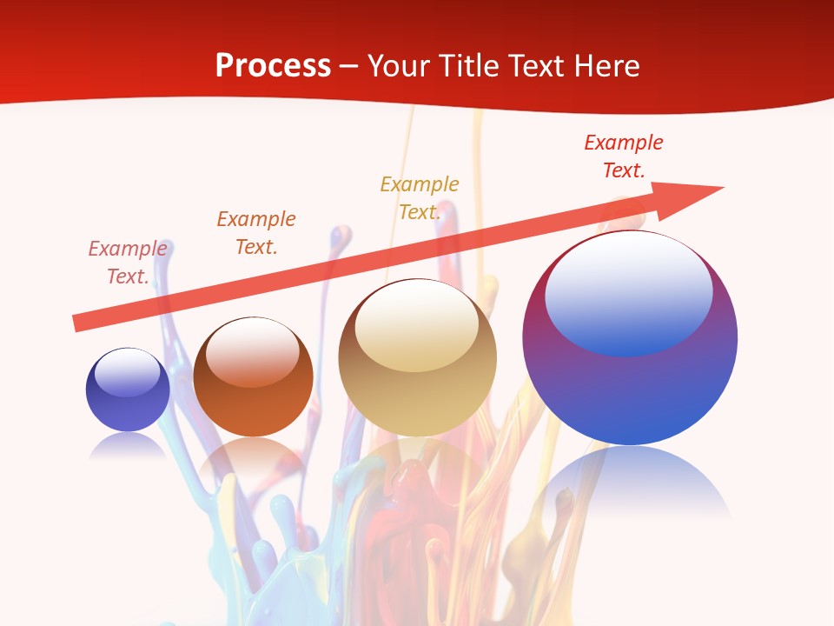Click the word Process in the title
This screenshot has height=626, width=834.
coord(273,66)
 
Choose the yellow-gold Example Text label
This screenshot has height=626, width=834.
coord(420,197)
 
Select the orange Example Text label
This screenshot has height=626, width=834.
coord(256,232)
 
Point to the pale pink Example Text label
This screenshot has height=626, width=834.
coord(128,262)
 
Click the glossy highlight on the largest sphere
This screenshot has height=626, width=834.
coord(628,291)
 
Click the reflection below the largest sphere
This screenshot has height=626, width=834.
coord(630,483)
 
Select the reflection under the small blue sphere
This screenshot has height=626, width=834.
coord(128,445)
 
